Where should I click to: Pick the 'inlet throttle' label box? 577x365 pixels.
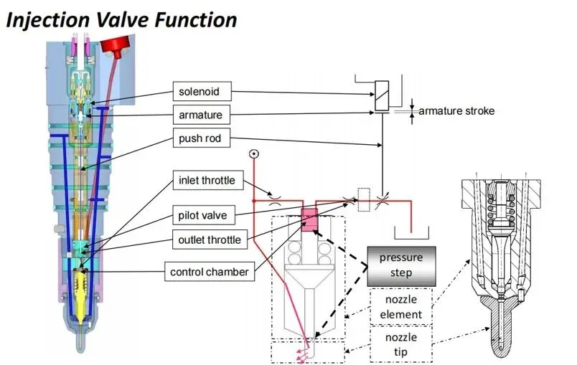coord(206,181)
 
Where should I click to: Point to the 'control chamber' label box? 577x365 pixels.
coord(209,272)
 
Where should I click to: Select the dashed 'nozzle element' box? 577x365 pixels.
coord(401,306)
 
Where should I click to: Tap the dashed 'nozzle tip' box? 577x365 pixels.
coord(401,344)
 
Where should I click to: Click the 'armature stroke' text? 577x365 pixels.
coord(456,111)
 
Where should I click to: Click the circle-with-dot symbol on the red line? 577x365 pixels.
coord(253,154)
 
